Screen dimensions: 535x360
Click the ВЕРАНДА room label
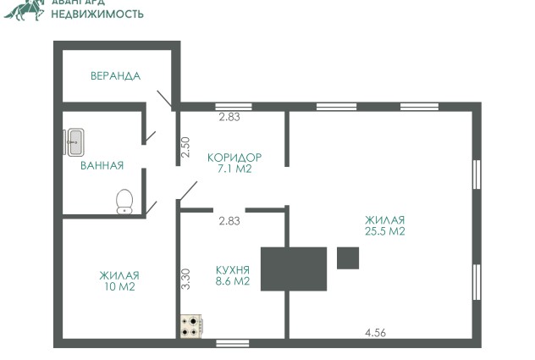point(115,76)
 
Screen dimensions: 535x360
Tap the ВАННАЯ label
point(102,166)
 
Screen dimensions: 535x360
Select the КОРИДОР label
point(234,158)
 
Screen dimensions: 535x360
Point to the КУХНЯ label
point(233,270)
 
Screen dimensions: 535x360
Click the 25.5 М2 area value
point(385,231)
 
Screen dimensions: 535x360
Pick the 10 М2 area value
point(119,286)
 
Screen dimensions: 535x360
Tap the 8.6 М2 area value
point(233,281)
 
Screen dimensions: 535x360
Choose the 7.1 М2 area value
point(234,169)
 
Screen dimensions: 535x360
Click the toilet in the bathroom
point(124,202)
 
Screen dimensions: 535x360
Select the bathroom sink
point(74,142)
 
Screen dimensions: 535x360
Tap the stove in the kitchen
point(191,326)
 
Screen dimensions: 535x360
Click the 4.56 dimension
point(375,332)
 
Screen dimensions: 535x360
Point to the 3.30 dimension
point(185,279)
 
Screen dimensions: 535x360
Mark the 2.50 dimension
point(185,147)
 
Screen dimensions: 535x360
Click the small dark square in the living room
point(348,258)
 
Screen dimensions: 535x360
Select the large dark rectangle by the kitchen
point(294,269)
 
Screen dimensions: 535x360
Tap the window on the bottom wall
point(233,343)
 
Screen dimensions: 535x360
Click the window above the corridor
point(234,107)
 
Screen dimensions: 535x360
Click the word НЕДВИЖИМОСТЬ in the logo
point(97,14)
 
